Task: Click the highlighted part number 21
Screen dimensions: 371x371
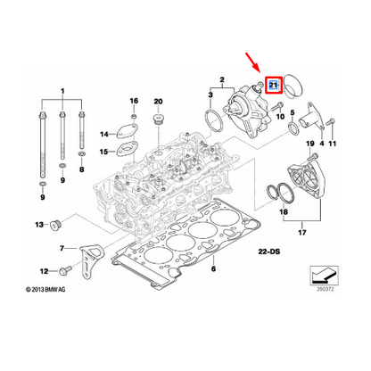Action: (x=274, y=86)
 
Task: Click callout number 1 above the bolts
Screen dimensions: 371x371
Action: (x=62, y=92)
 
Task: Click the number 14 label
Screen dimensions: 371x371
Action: (x=103, y=135)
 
